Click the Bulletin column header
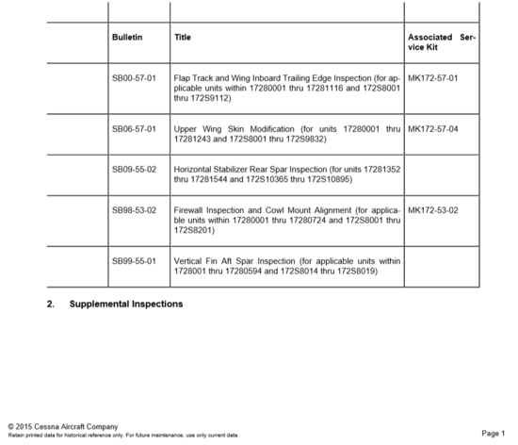pos(127,37)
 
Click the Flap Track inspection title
pos(287,87)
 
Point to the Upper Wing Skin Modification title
pos(287,132)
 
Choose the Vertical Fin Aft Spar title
pos(287,265)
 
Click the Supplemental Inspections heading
pos(126,304)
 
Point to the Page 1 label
pos(493,433)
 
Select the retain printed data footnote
pos(122,436)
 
